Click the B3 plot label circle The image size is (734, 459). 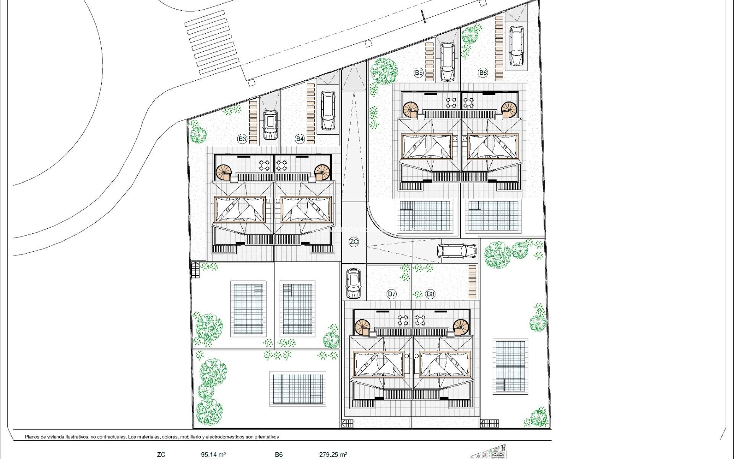coord(242,139)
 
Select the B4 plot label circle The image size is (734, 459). coord(300,139)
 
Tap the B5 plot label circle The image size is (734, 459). coord(419,73)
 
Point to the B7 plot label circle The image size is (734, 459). coord(391,294)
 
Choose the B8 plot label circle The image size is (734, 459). coord(430,294)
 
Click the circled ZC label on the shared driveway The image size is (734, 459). coord(354,242)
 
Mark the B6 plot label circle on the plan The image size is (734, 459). coord(483,73)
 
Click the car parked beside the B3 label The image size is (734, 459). coord(270,125)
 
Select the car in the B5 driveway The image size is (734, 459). coord(447,62)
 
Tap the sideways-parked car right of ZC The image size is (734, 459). coord(457,251)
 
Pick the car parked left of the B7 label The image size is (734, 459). coord(353,283)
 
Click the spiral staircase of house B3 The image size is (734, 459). coord(224,173)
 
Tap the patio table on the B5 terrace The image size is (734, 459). coord(451,103)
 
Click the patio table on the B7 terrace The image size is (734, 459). coord(403,320)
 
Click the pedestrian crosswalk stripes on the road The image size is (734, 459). coord(212,42)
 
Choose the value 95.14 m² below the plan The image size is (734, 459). coord(213,455)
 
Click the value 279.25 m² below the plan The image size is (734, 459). coord(333,455)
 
